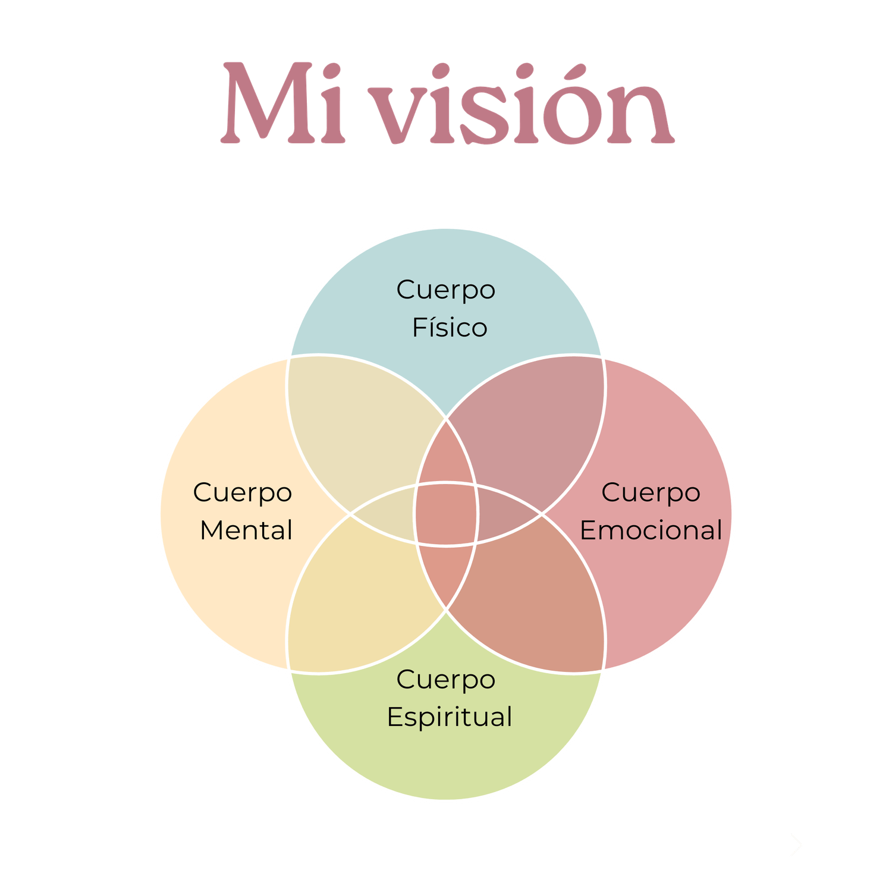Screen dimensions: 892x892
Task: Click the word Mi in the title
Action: (283, 104)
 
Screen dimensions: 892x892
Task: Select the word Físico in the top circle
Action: (450, 328)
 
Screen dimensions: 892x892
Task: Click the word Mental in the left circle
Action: (246, 530)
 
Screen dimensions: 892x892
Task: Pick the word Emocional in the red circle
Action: (651, 530)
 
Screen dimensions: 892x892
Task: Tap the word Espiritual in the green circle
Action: (450, 717)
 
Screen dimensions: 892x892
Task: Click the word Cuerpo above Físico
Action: (446, 290)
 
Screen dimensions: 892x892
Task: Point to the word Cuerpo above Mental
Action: (243, 492)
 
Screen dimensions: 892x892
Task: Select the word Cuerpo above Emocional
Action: (651, 492)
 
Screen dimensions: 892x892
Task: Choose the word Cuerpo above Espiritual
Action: (446, 679)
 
